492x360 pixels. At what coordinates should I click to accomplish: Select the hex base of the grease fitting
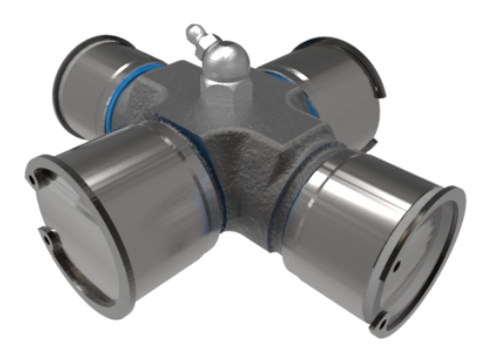tap(225, 92)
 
